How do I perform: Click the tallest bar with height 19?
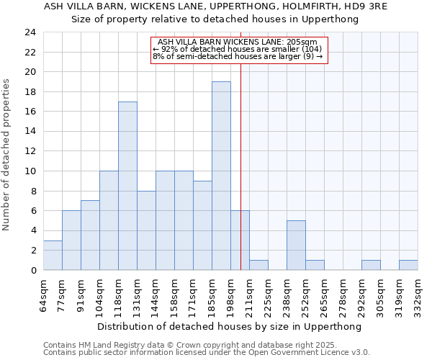pyautogui.click(x=221, y=176)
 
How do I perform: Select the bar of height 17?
pyautogui.click(x=127, y=186)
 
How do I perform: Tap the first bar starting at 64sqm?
pyautogui.click(x=53, y=255)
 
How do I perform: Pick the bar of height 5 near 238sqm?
pyautogui.click(x=296, y=245)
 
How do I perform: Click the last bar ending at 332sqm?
pyautogui.click(x=408, y=265)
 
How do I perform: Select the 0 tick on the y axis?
pyautogui.click(x=32, y=271)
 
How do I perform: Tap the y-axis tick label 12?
pyautogui.click(x=30, y=151)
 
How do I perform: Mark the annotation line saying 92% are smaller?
pyautogui.click(x=238, y=50)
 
